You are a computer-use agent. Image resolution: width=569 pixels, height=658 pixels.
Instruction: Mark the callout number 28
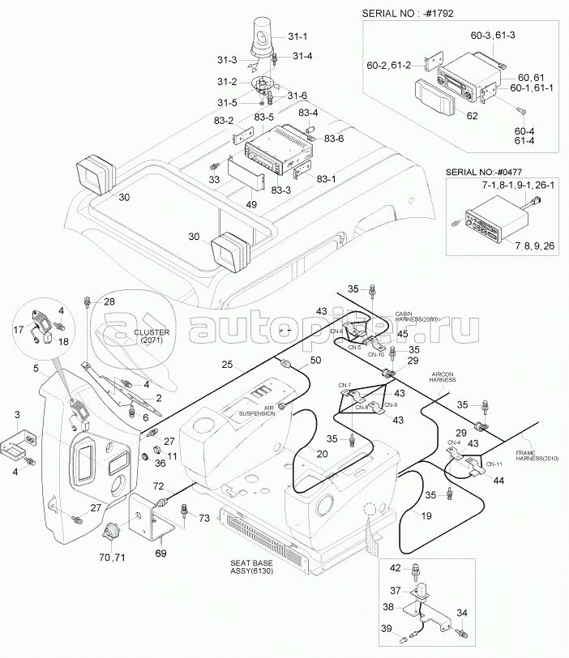[x=109, y=301]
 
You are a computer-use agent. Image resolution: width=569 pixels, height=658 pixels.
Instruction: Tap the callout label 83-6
[x=333, y=139]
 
